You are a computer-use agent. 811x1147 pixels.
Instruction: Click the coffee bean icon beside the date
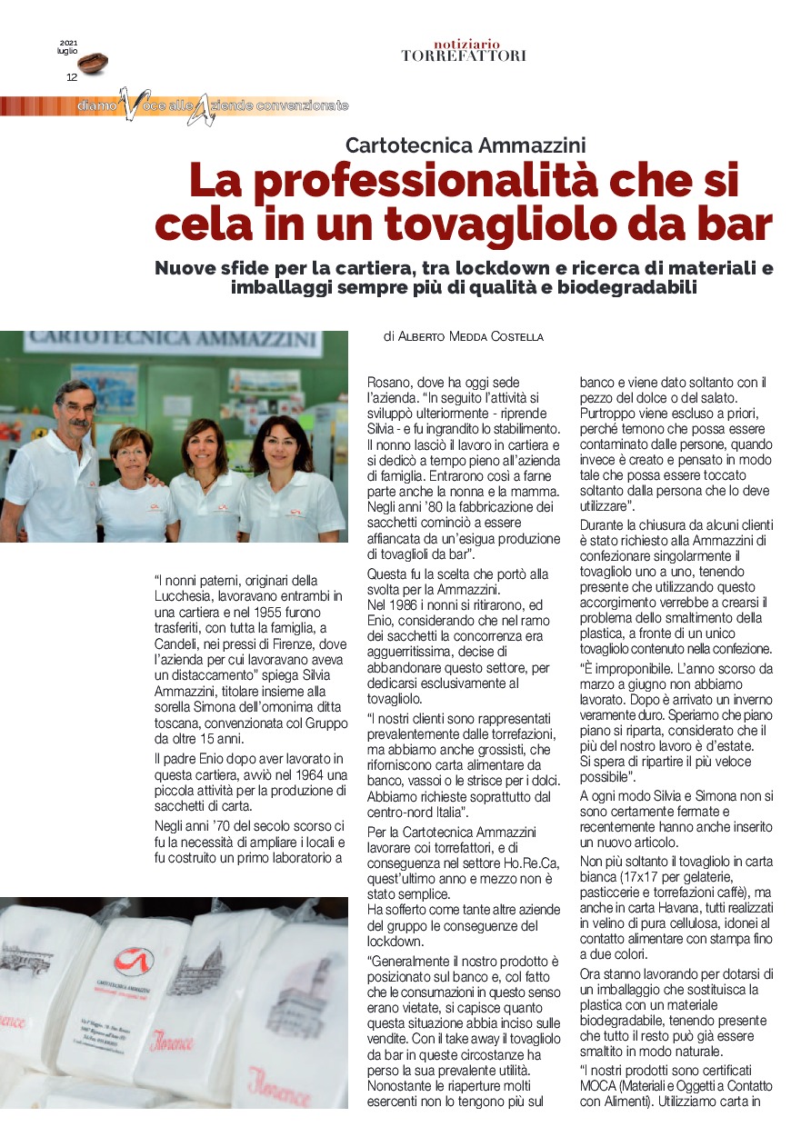tap(92, 64)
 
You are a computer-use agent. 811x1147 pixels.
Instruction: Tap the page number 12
tap(72, 77)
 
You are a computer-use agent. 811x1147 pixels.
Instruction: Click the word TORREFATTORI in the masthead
tap(464, 56)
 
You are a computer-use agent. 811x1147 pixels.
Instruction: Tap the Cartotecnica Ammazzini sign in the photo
tap(173, 340)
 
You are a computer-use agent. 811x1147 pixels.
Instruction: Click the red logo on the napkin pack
tap(134, 961)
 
